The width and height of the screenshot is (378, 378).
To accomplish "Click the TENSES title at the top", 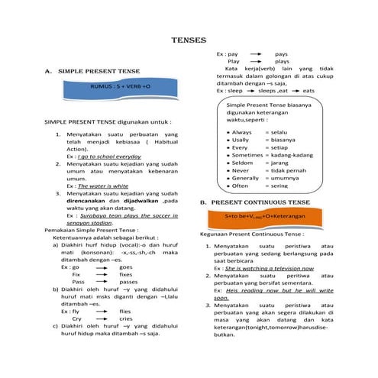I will coord(189,40).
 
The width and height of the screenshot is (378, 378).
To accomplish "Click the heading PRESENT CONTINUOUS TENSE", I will coord(260,202).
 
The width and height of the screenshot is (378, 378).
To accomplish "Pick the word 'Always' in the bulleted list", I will coord(242,133).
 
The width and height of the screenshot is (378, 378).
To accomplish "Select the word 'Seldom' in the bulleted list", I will coord(242,162).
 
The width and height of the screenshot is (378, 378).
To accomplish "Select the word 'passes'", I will coord(128,282).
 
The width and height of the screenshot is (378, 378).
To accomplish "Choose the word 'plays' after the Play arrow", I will coord(282,62).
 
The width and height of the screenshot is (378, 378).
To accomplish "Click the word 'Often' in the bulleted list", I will coord(241,185).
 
